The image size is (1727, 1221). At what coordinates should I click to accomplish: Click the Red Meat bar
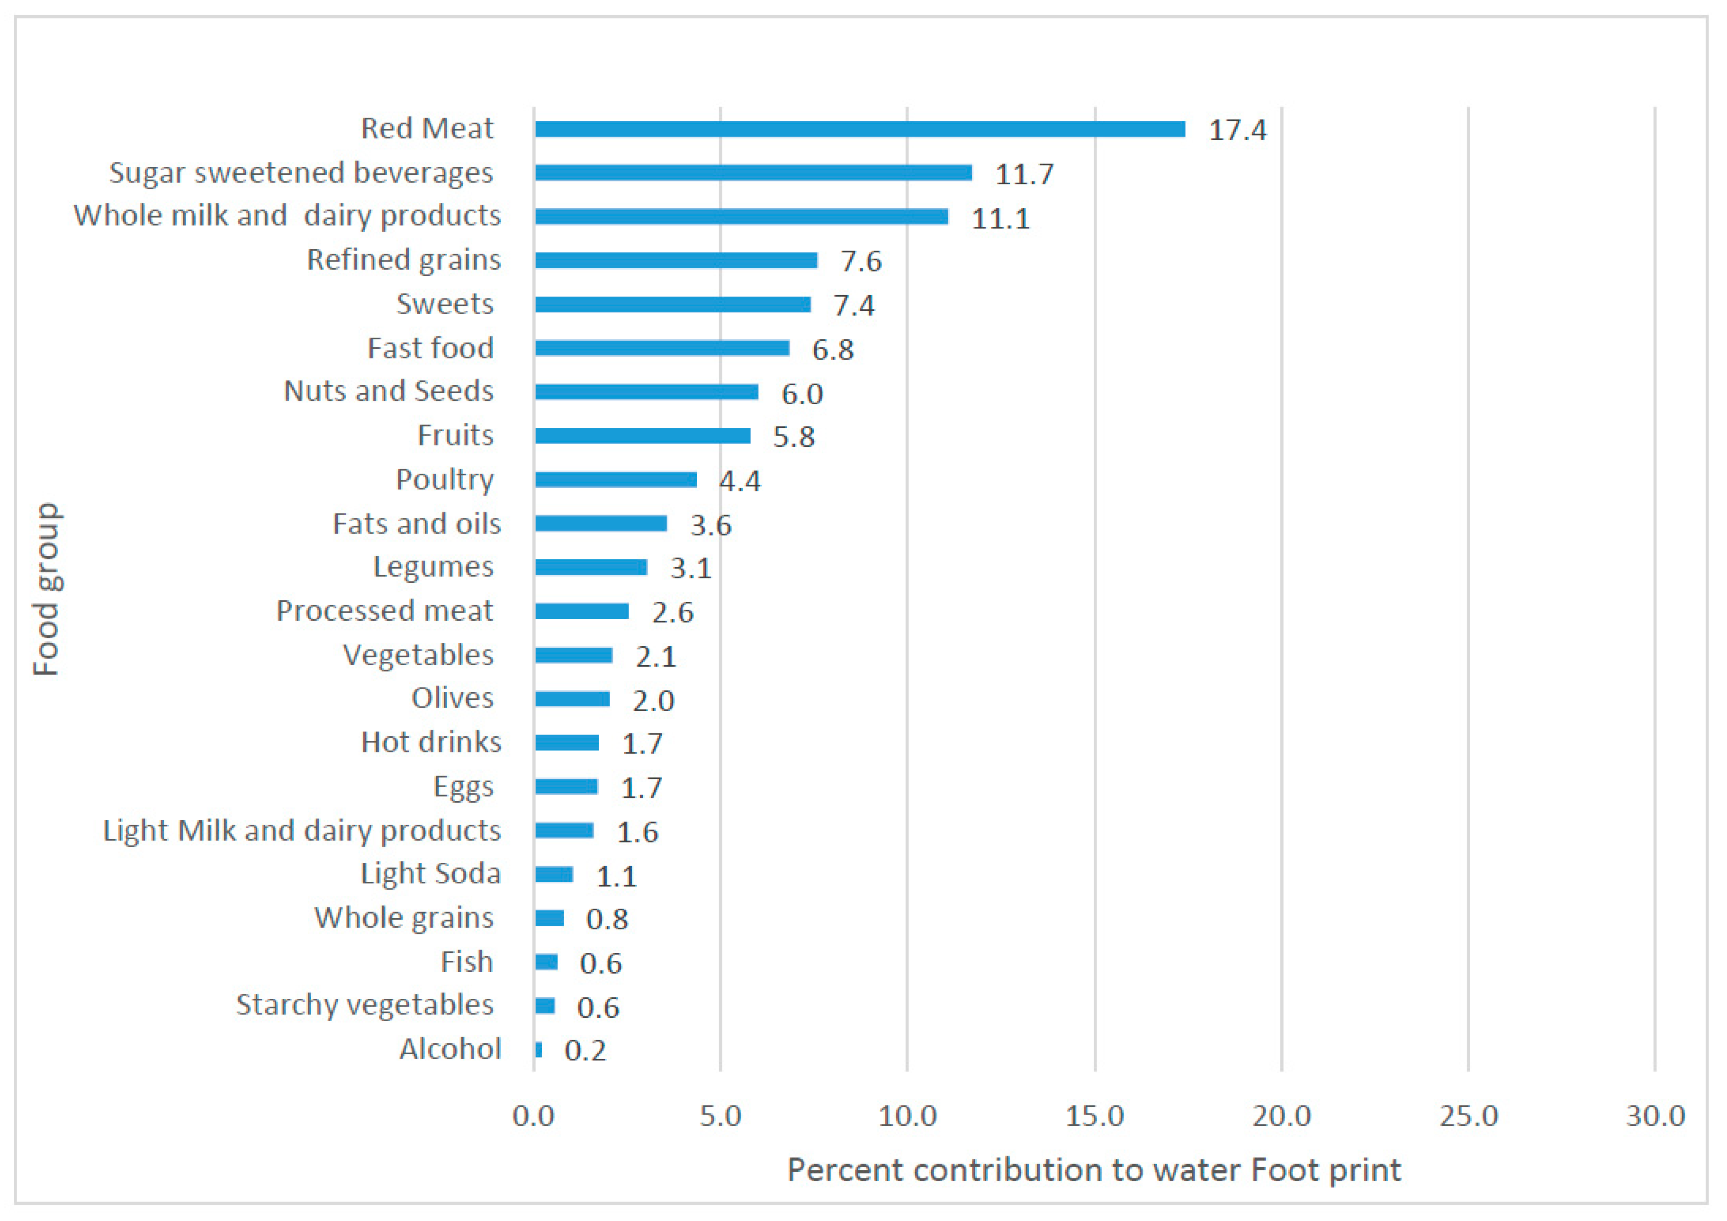(x=860, y=129)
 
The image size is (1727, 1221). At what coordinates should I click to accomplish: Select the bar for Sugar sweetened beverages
(x=753, y=173)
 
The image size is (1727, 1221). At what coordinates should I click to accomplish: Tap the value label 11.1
(x=1000, y=218)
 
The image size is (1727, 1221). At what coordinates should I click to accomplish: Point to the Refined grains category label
(x=404, y=260)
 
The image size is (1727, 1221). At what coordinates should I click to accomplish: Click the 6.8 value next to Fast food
(x=833, y=350)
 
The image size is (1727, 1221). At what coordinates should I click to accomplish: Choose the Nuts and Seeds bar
(x=646, y=392)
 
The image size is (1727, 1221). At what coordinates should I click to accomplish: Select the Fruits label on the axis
(x=455, y=435)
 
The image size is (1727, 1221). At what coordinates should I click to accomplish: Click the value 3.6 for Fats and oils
(x=711, y=525)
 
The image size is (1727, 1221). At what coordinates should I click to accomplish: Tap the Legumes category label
(x=433, y=567)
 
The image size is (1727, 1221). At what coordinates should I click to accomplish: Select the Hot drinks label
(x=431, y=742)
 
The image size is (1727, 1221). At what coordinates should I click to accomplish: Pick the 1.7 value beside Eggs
(x=642, y=787)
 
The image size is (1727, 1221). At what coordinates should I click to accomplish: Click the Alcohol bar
(x=539, y=1049)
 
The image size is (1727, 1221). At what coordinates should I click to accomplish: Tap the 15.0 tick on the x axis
(x=1095, y=1116)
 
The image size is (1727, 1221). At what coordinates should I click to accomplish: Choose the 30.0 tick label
(x=1655, y=1116)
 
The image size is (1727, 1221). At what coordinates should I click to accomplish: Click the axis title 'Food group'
(x=46, y=590)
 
